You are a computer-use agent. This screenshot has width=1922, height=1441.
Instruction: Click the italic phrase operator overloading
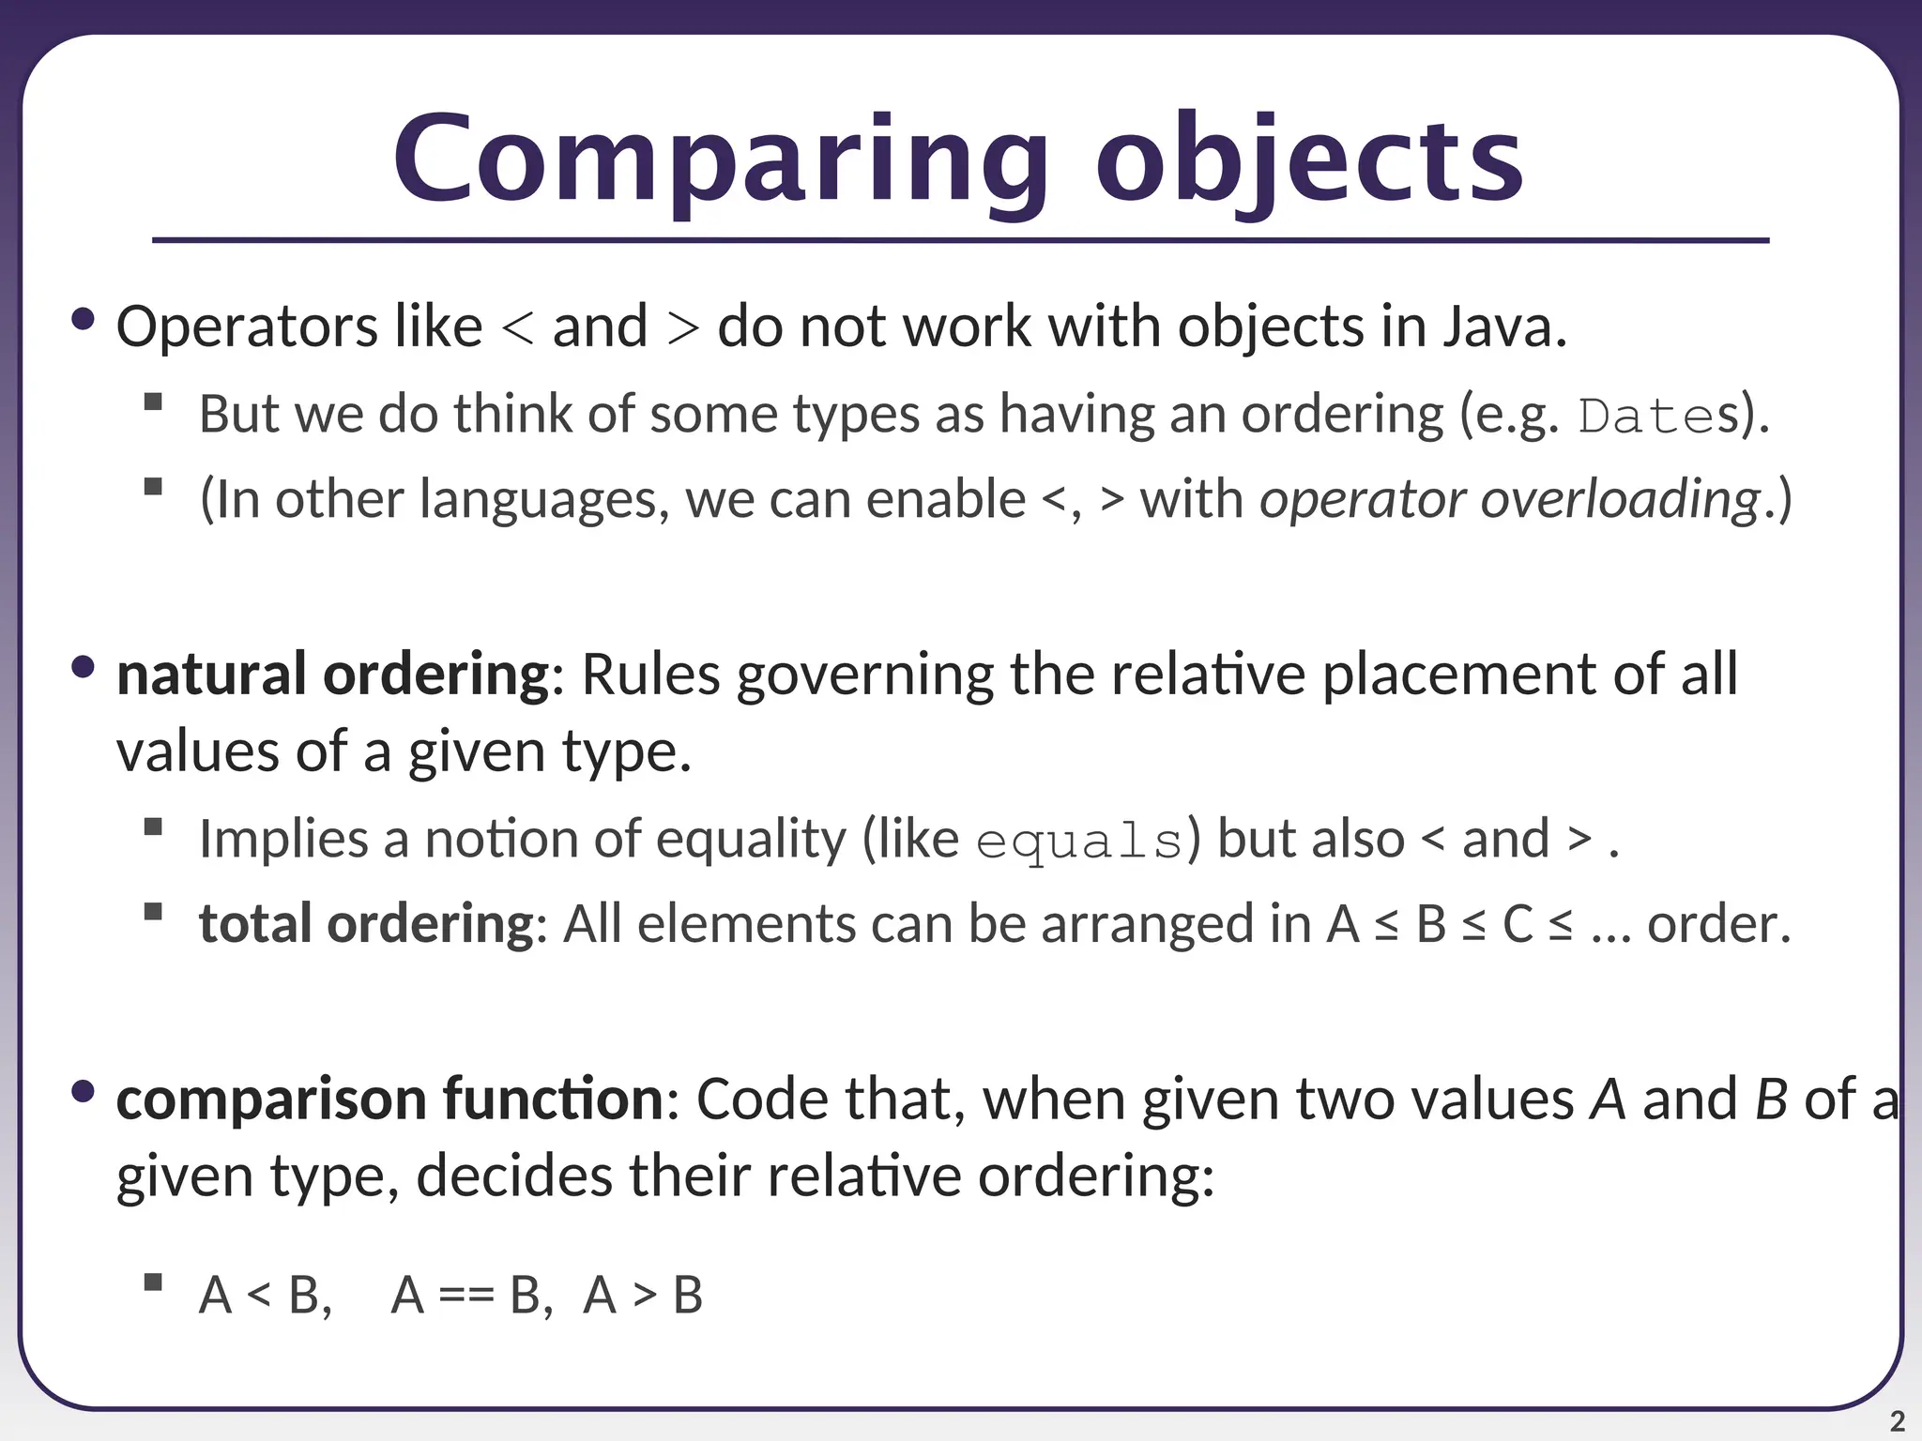pyautogui.click(x=1509, y=499)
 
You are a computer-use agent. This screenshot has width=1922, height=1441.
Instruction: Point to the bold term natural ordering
pyautogui.click(x=333, y=675)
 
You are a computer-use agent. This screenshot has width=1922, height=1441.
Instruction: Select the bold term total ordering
pyautogui.click(x=366, y=924)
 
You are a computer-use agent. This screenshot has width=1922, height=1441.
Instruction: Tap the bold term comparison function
pyautogui.click(x=389, y=1100)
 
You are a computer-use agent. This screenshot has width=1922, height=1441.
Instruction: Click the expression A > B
pyautogui.click(x=643, y=1297)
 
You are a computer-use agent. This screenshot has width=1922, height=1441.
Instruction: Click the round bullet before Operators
pyautogui.click(x=84, y=320)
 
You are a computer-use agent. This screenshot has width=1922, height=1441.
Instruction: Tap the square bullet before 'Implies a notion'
pyautogui.click(x=154, y=827)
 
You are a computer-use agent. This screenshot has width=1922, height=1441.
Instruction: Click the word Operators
pyautogui.click(x=246, y=327)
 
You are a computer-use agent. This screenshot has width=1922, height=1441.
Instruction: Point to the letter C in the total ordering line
pyautogui.click(x=1518, y=924)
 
